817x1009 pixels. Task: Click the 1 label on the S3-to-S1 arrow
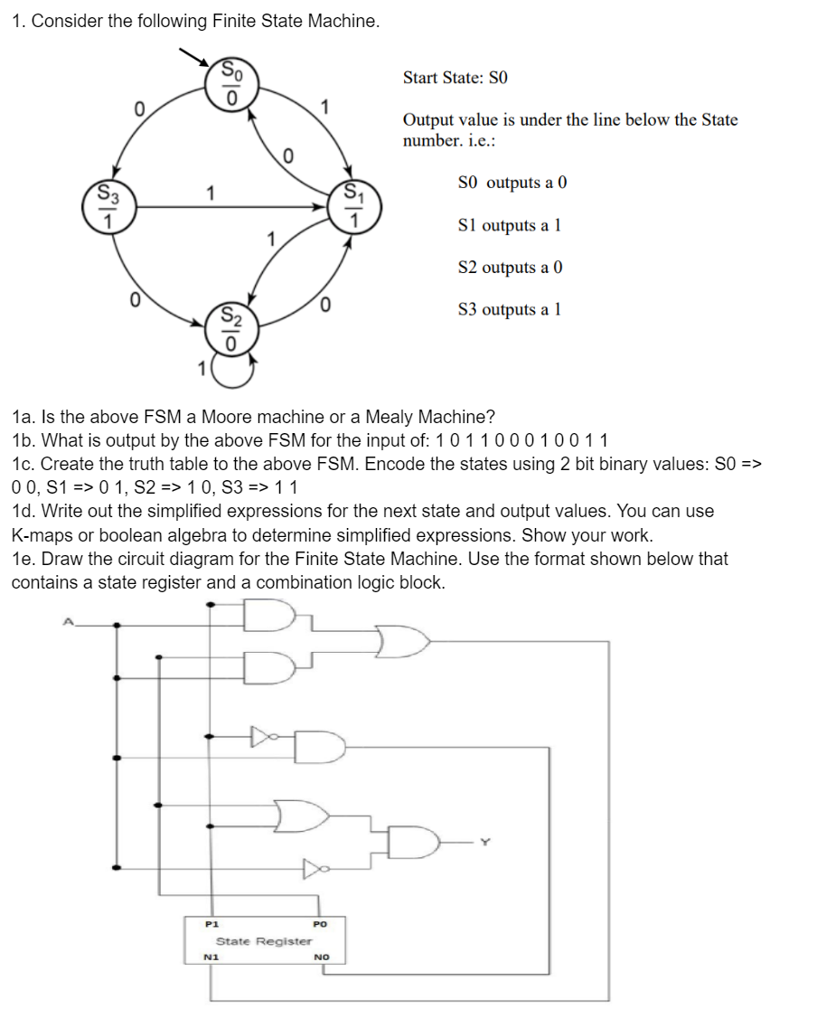(210, 193)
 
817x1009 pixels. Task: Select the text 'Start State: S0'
(455, 78)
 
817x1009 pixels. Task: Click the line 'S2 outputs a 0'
(512, 268)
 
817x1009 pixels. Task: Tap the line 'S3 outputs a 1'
(511, 310)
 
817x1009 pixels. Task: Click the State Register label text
(264, 941)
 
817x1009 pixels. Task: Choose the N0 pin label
(321, 957)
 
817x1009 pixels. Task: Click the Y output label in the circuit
(485, 842)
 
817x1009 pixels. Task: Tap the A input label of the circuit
(66, 621)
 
